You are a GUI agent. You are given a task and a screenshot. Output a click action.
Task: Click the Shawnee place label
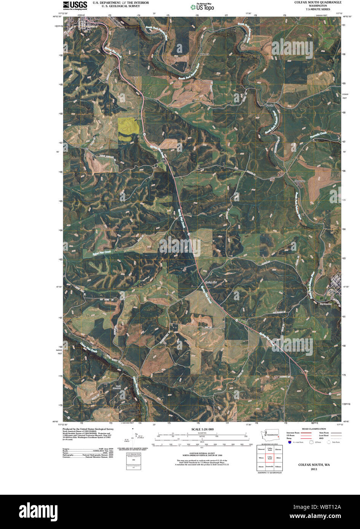pos(299,181)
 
